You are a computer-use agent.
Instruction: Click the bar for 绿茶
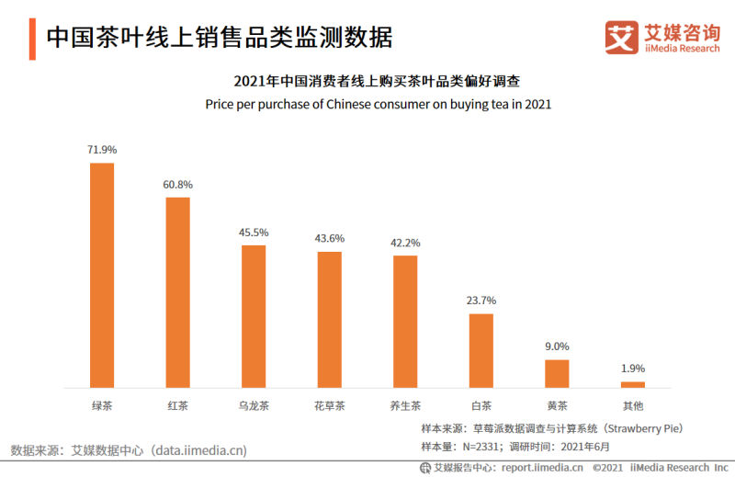coord(102,275)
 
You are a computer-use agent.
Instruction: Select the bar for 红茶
coord(177,292)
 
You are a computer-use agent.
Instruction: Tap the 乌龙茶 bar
coord(254,316)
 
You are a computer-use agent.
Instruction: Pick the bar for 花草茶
coord(330,319)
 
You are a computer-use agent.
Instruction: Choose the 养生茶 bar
coord(405,321)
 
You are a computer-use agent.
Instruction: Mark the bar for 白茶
coord(481,350)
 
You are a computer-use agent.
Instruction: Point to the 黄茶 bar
coord(557,373)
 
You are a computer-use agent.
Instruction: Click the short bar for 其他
coord(633,384)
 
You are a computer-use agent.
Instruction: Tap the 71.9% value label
coord(102,150)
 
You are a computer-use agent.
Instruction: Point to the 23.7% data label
coord(481,301)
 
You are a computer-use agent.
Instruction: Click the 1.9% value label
coord(633,369)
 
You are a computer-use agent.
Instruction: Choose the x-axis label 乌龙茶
coord(254,405)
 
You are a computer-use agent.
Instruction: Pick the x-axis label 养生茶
coord(405,405)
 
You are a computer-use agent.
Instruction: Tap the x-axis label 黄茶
coord(557,405)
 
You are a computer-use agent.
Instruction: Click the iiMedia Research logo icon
coord(621,38)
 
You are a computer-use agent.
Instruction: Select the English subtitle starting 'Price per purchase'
coord(378,104)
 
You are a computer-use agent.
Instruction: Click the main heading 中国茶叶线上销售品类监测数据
coord(219,38)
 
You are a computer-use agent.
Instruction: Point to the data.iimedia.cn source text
coord(198,450)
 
